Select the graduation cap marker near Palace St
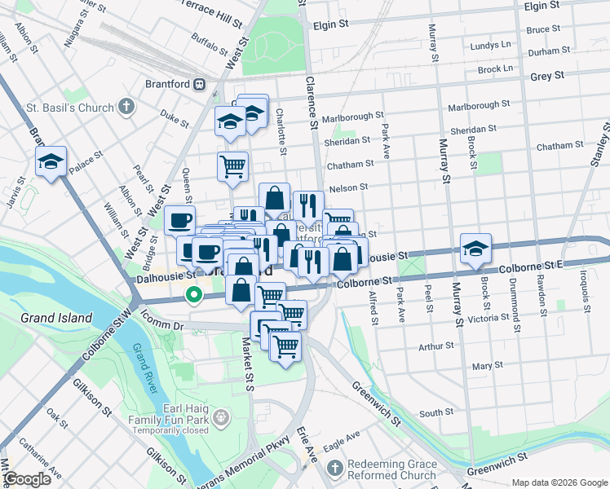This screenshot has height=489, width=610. pyautogui.click(x=51, y=162)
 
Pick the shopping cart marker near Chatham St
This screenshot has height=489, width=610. pyautogui.click(x=233, y=165)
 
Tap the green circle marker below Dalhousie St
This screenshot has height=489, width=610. pyautogui.click(x=194, y=295)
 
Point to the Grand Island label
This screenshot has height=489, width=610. pyautogui.click(x=58, y=318)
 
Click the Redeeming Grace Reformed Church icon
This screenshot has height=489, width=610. pyautogui.click(x=334, y=469)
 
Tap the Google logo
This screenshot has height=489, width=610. pyautogui.click(x=28, y=478)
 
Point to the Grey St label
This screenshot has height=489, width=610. pyautogui.click(x=547, y=76)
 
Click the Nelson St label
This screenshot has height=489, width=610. pyautogui.click(x=348, y=188)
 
